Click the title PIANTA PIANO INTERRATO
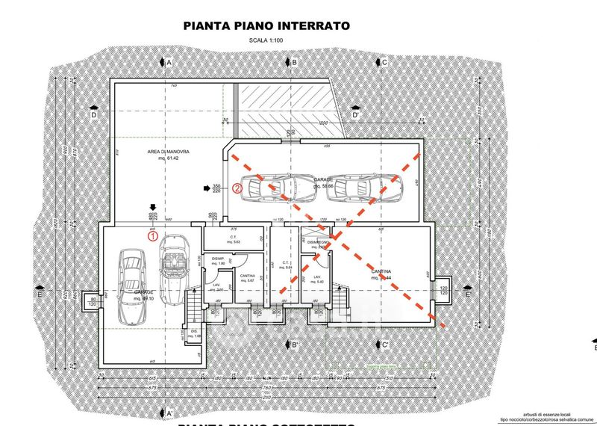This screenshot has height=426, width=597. coord(266,26)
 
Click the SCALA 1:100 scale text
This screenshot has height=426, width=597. coord(266,43)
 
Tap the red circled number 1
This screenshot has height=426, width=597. coord(153,236)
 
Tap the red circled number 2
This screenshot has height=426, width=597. coord(237,188)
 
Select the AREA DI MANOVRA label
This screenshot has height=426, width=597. coord(168,155)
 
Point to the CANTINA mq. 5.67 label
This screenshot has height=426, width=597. coord(248,278)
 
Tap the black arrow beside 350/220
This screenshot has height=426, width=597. coord(207,188)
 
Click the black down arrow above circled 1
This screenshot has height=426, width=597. coord(152,209)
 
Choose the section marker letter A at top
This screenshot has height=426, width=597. coord(169,63)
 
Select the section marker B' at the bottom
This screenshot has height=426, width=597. coord(294,345)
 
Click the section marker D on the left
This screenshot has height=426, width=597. coord(94,115)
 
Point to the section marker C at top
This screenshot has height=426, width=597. coord(384,63)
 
